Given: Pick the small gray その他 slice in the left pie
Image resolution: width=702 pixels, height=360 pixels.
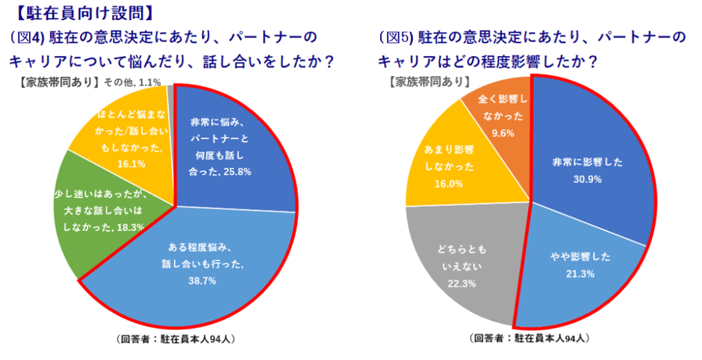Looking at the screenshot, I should pyautogui.click(x=171, y=91).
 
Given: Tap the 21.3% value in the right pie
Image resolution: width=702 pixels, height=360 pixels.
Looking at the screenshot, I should pyautogui.click(x=585, y=273).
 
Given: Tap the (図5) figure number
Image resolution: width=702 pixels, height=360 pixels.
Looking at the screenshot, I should pyautogui.click(x=394, y=37).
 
